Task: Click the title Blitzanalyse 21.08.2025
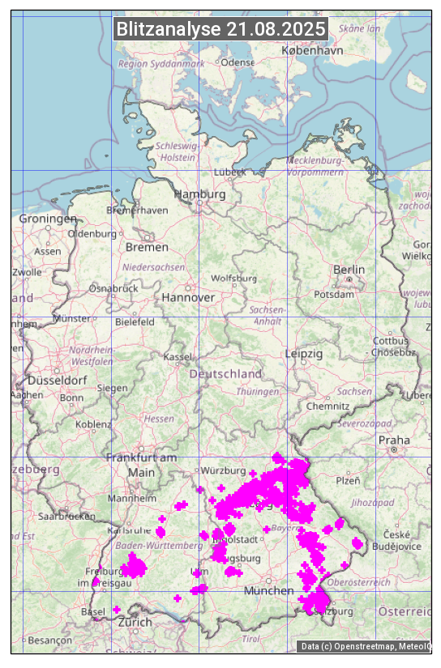220,29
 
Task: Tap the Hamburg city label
199,195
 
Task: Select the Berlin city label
349,270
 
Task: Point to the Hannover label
188,298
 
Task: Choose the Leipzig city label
304,355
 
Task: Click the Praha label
394,440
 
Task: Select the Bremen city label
147,247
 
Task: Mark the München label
269,591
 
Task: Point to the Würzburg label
224,470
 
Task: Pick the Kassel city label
177,357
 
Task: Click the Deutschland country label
225,374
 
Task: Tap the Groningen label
48,219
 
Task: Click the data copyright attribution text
365,646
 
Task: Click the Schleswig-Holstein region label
176,151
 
